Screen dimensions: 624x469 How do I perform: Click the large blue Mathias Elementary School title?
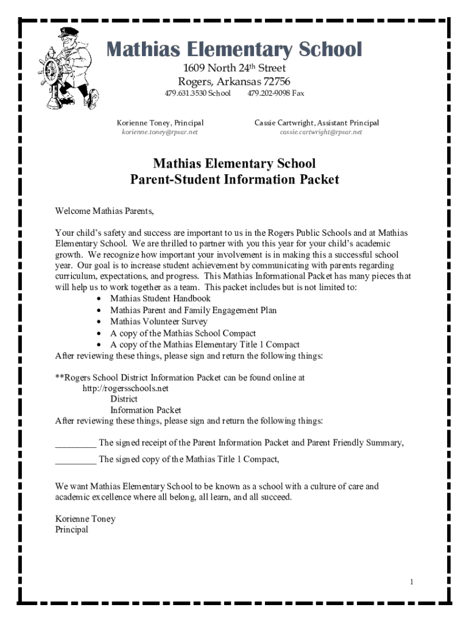click(x=234, y=49)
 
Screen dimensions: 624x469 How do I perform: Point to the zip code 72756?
click(x=277, y=82)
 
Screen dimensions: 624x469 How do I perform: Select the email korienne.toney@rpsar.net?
click(x=160, y=132)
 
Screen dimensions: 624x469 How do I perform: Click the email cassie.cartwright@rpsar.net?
click(x=320, y=132)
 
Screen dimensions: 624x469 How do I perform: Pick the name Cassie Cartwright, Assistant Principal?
click(x=316, y=122)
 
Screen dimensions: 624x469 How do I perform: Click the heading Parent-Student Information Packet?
click(x=234, y=180)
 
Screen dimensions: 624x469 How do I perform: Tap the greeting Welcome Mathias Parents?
click(x=105, y=211)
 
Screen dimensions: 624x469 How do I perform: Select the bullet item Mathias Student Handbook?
click(x=160, y=299)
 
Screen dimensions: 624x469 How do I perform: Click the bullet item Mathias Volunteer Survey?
click(x=158, y=322)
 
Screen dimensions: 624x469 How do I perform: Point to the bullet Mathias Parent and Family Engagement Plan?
click(x=193, y=310)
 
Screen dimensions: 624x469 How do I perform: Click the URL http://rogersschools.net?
click(x=125, y=388)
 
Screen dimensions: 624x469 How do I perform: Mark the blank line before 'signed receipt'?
click(x=75, y=443)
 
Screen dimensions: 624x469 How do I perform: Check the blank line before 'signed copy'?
click(x=75, y=460)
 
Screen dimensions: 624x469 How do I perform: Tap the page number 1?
click(x=412, y=583)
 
